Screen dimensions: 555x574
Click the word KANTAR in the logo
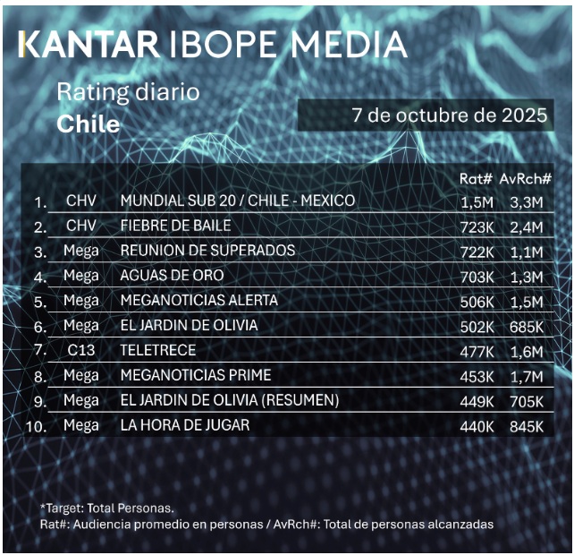[85, 45]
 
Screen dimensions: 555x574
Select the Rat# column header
[476, 179]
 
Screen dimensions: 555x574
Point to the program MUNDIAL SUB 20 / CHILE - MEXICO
[237, 201]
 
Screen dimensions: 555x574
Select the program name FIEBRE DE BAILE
[175, 225]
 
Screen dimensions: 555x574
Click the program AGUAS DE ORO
[172, 276]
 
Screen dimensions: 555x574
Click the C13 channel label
[81, 351]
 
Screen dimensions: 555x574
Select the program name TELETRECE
[157, 351]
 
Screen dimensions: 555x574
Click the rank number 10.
[37, 426]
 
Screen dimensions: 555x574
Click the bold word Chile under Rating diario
[88, 124]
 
